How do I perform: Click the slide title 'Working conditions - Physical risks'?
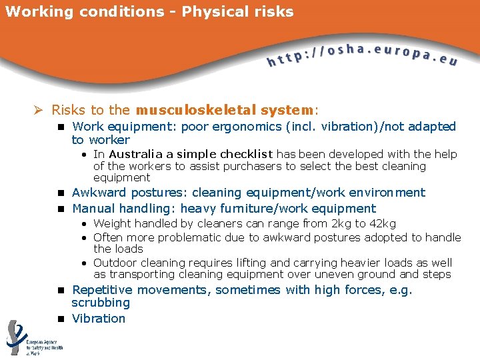149,12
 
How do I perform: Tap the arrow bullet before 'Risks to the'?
40,109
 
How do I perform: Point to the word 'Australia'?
135,154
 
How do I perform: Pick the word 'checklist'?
247,154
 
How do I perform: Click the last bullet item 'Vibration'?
99,319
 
